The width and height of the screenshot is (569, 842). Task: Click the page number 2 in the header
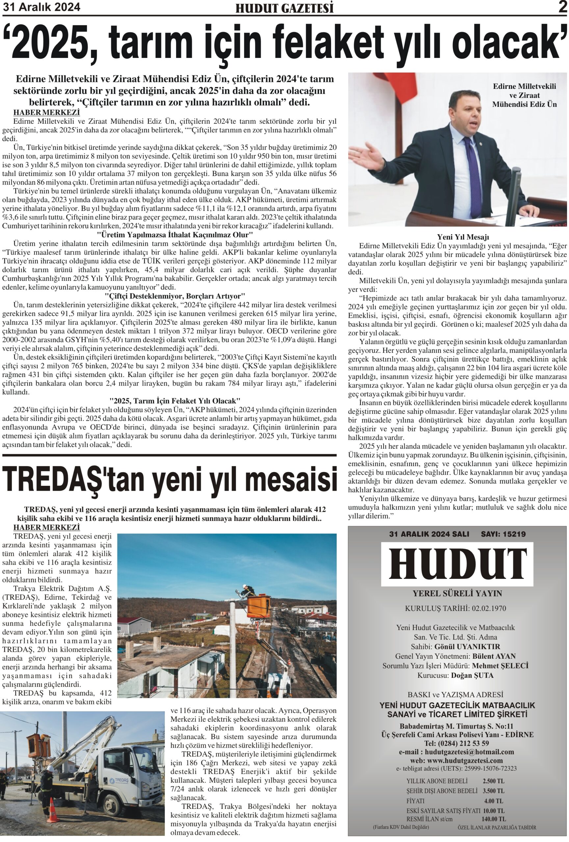562,7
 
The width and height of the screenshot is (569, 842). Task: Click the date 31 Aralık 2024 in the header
41,7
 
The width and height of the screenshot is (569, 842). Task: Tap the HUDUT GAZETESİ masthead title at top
284,8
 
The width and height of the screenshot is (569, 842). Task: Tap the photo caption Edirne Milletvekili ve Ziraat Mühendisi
524,95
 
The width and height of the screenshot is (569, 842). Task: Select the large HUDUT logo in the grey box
457,563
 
